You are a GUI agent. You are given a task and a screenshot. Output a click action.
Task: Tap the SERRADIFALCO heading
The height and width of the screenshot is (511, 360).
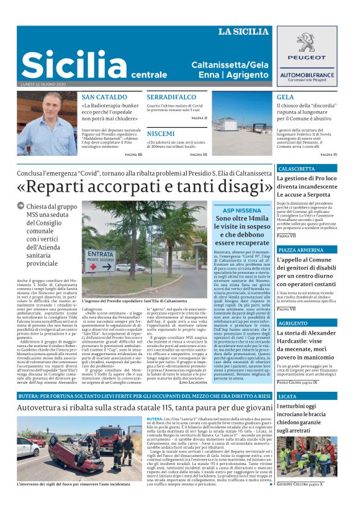coord(173,97)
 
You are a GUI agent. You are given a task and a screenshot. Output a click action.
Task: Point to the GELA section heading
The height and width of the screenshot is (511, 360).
coord(286,97)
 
